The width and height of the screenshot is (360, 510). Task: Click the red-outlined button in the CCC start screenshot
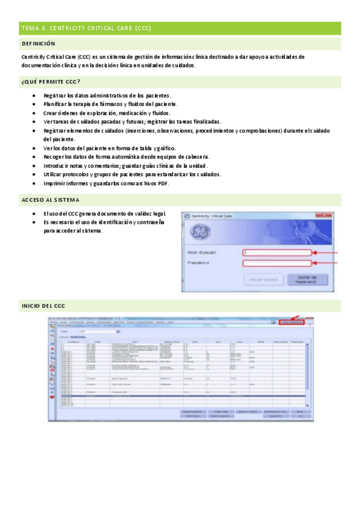coord(292,322)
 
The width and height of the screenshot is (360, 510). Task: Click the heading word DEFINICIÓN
coord(38,44)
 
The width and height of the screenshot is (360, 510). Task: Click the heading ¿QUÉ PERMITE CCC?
coord(50,82)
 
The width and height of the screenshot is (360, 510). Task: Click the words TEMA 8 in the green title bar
coord(32,28)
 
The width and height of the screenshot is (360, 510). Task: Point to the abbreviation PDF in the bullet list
coord(163,183)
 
